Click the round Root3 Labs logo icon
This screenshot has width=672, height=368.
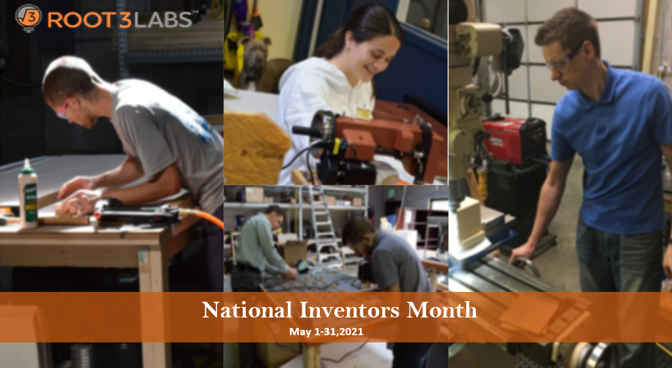[x=28, y=18]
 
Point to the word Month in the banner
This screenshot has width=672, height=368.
[x=441, y=310]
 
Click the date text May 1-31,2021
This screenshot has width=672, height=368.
[x=326, y=331]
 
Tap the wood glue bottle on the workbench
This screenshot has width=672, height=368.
[x=28, y=194]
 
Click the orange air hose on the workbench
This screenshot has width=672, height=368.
[x=201, y=216]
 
